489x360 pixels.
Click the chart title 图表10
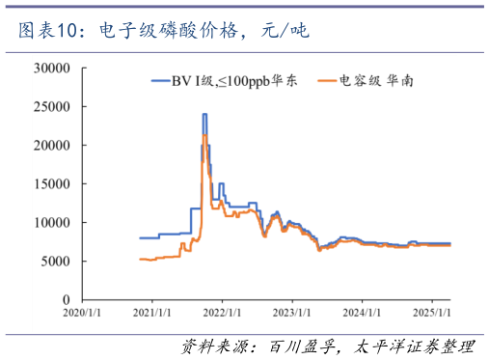[x=48, y=32]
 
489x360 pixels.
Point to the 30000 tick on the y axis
[x=53, y=69]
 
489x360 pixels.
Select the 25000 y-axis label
[x=53, y=107]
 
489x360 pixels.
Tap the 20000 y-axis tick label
[x=53, y=146]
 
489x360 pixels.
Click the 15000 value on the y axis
[x=53, y=184]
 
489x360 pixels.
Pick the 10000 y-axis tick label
[x=53, y=223]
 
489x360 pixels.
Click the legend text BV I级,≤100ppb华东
[x=238, y=83]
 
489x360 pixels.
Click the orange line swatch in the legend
[x=324, y=83]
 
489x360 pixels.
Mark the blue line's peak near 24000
[x=204, y=115]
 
